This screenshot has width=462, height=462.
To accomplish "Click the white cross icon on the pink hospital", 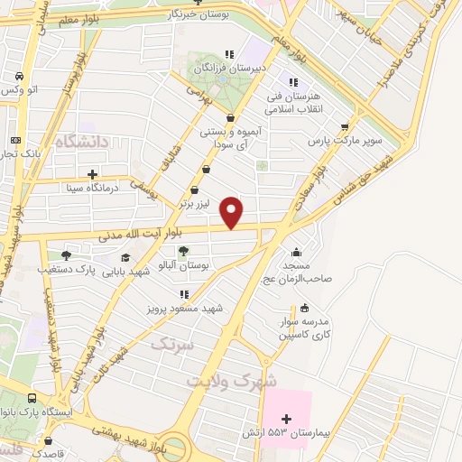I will tap(287, 419).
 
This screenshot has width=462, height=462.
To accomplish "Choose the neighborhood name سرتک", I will tap(171, 344).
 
